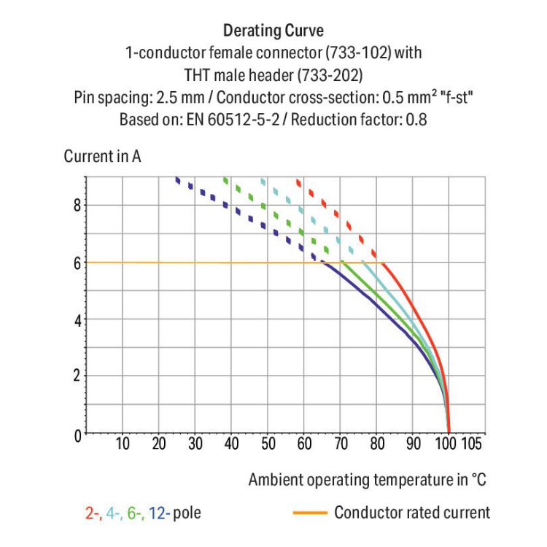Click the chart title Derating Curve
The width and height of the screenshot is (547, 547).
coord(273,31)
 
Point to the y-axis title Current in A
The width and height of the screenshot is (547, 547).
coord(102,156)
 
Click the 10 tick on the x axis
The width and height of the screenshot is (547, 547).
coord(123,443)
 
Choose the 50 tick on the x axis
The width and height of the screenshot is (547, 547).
coord(268,443)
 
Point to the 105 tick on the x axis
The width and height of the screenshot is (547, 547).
coord(472,443)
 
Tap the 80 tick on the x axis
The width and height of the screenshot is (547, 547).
coord(376,443)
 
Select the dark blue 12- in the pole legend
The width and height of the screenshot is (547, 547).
coord(158,513)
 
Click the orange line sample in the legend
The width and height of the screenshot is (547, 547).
coord(309,513)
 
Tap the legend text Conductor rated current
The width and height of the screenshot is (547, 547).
coord(412,513)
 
